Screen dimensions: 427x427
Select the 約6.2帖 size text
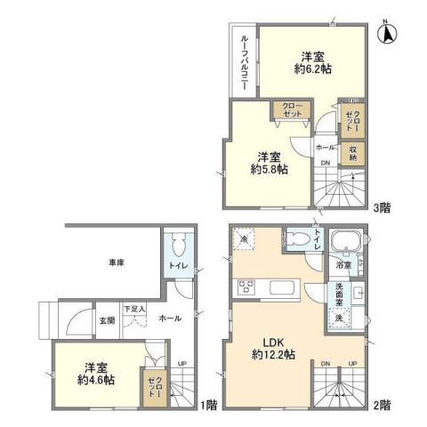click(310, 66)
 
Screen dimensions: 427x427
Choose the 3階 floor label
click(383, 207)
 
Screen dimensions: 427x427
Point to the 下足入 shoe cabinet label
click(134, 308)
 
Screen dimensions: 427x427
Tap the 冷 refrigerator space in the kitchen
click(245, 239)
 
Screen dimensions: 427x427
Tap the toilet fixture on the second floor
click(299, 239)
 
